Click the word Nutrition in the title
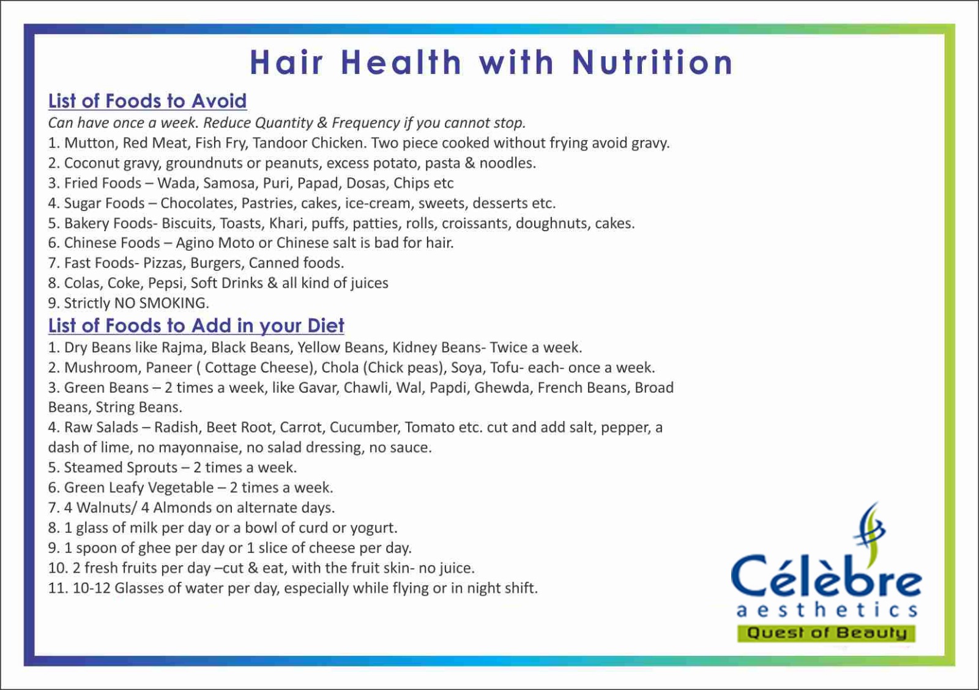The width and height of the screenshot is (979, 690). coord(652,62)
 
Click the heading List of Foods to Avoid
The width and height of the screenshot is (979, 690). coord(147,101)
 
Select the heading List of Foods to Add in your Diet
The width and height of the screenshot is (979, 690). coord(196,325)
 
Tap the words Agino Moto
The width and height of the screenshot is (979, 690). coord(215,242)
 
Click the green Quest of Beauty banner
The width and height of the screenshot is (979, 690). coord(826,632)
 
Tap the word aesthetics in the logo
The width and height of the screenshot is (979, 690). coord(827,610)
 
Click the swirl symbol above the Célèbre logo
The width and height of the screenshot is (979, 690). coord(869,527)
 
